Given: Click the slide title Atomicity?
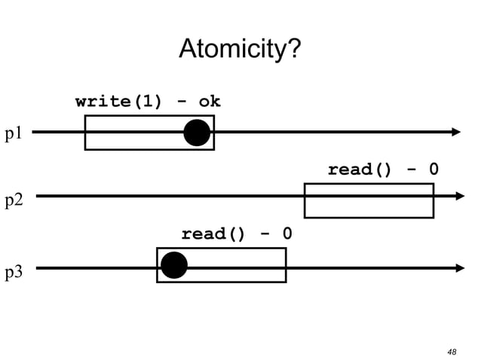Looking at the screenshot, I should [x=240, y=50].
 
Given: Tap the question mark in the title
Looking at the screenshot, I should [x=294, y=50].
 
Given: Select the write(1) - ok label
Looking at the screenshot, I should [x=148, y=102].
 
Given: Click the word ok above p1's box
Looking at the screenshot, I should [x=209, y=102].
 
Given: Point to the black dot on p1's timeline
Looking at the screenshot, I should [x=197, y=133].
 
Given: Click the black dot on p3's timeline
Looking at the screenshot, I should [x=174, y=265].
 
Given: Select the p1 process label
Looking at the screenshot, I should [x=14, y=133].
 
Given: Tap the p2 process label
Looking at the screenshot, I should [x=14, y=200].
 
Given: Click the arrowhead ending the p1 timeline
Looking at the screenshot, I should [x=455, y=132].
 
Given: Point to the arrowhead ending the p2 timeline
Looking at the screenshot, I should [x=460, y=196].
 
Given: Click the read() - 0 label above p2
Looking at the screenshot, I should [x=382, y=169].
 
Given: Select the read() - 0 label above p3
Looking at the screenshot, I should [x=236, y=234].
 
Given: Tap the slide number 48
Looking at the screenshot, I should [x=452, y=351].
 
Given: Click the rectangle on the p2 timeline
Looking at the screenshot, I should [x=369, y=200].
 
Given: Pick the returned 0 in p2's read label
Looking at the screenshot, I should [x=434, y=169].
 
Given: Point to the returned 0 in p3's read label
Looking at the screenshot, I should [x=287, y=234].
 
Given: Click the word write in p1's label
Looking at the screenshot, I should [x=103, y=102].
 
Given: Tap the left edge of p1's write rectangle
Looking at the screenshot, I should [x=85, y=133].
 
